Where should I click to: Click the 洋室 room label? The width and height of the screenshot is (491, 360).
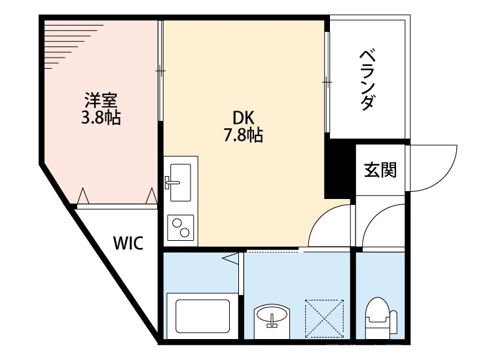coord(100,101)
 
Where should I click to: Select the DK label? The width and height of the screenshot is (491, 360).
coord(244,118)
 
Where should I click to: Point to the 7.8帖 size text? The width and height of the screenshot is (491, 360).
coord(244,135)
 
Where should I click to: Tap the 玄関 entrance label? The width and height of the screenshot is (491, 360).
coord(379,170)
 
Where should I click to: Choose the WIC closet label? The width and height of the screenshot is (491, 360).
coord(128,244)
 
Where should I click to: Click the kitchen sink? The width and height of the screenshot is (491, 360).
coord(178,181)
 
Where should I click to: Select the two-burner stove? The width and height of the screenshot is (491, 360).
coord(180,228)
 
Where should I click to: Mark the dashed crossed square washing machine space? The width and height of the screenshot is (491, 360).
coord(325,317)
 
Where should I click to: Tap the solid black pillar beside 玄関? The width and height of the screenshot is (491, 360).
coord(339,171)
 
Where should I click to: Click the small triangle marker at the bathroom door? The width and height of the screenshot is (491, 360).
coord(232,260)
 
